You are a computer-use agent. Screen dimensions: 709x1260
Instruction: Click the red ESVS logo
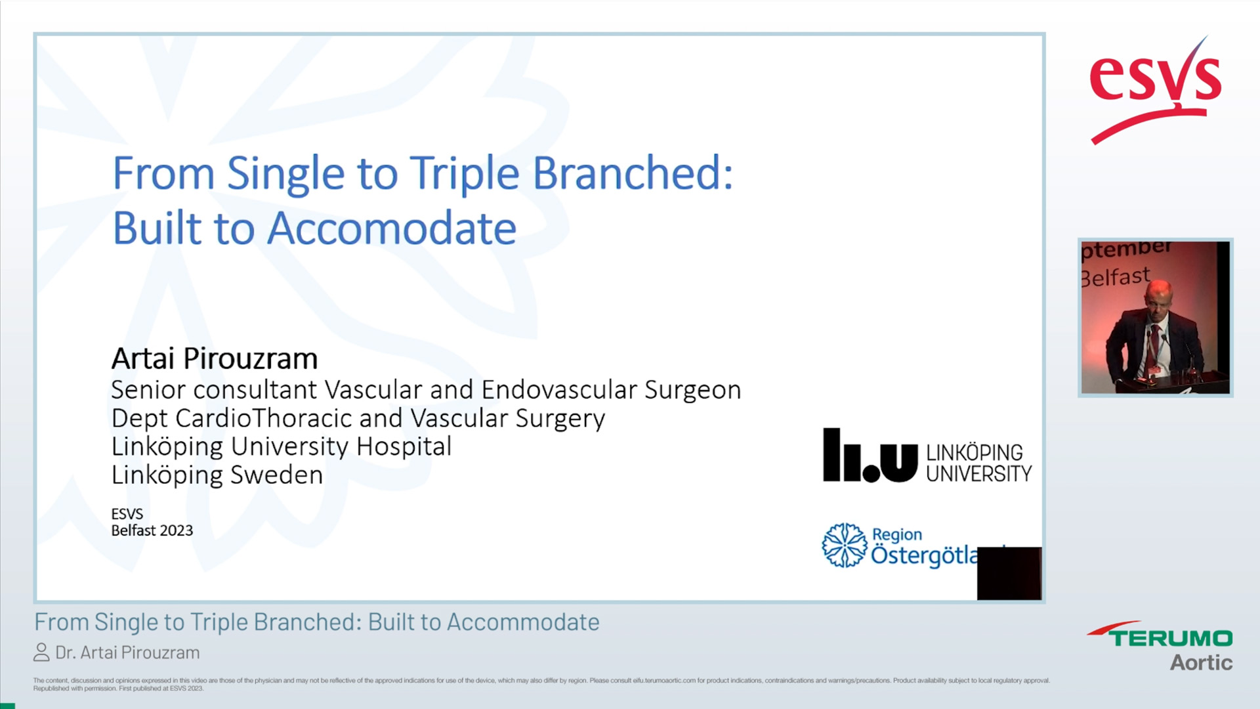coord(1155,89)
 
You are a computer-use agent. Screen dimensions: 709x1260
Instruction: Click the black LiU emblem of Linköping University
coord(870,456)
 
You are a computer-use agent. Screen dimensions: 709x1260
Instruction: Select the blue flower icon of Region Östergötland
coord(844,545)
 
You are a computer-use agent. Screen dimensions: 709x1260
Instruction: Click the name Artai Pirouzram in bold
coord(214,358)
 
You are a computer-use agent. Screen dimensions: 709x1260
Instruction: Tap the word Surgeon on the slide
coord(692,390)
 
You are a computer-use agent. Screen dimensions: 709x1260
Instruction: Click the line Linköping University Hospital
coord(281,446)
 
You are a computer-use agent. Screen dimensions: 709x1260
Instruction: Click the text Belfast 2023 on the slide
coord(152,530)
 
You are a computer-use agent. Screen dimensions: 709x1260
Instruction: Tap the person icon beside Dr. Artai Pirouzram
coord(41,653)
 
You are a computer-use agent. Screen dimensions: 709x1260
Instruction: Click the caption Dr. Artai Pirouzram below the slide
coord(127,653)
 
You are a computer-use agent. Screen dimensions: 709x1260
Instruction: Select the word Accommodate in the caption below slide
coord(522,622)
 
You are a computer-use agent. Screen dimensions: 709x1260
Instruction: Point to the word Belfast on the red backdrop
coord(1116,277)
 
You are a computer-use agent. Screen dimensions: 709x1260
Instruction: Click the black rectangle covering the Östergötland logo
coord(1009,573)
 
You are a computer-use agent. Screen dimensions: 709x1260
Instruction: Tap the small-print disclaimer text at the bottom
coord(541,684)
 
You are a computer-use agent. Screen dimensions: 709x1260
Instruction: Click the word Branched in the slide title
coord(631,174)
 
